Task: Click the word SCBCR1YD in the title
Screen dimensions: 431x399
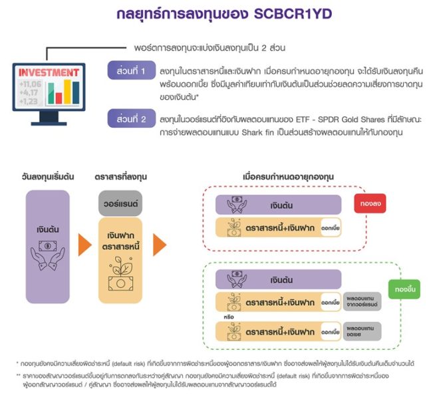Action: point(293,14)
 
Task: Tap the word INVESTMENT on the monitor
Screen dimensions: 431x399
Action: point(49,72)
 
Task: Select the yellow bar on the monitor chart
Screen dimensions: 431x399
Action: point(67,92)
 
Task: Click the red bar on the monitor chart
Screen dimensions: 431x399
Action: point(59,98)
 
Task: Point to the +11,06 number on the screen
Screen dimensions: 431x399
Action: point(30,84)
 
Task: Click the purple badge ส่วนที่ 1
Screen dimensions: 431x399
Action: point(132,70)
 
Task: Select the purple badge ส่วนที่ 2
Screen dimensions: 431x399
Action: point(132,118)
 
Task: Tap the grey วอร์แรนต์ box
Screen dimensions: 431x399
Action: point(120,203)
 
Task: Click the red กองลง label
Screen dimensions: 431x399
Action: point(370,203)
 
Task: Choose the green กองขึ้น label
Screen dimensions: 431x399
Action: point(404,289)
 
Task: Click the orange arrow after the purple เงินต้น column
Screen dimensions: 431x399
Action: point(84,245)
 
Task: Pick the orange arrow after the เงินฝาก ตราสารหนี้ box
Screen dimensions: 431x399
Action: point(160,245)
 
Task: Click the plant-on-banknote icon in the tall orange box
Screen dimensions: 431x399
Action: point(120,274)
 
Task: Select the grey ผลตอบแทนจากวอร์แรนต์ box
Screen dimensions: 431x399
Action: point(362,301)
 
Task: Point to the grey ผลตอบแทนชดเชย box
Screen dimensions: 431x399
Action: point(362,331)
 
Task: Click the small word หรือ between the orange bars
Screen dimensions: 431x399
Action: point(229,317)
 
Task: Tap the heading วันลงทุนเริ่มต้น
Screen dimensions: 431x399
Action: point(48,176)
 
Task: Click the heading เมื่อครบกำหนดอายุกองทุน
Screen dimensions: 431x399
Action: point(289,176)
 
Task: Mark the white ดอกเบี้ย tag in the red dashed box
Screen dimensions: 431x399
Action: point(331,228)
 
